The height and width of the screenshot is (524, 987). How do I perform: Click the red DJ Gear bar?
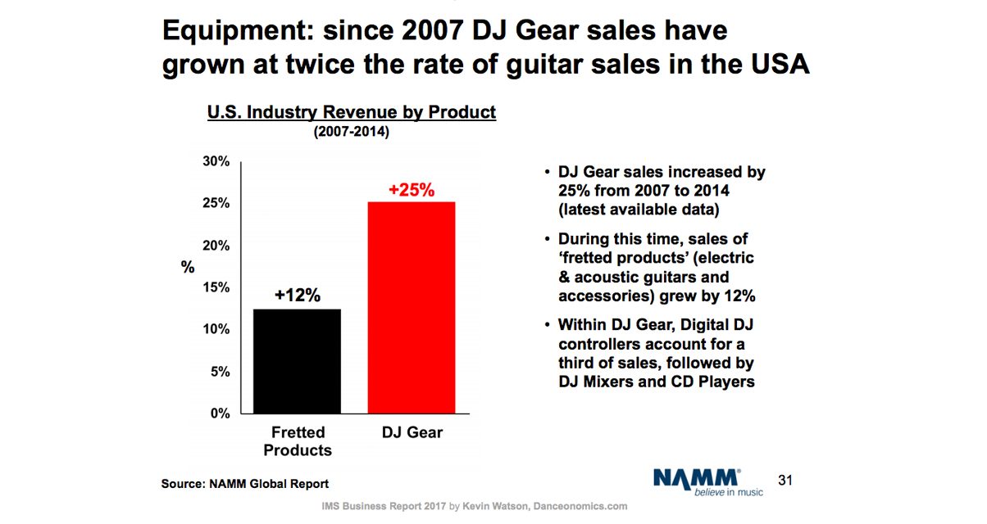(x=412, y=307)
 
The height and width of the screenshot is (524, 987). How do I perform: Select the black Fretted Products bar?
(x=298, y=360)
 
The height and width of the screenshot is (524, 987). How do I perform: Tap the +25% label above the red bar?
(x=412, y=190)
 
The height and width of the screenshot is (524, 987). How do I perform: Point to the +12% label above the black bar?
(x=298, y=296)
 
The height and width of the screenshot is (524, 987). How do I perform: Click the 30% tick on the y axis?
(x=216, y=162)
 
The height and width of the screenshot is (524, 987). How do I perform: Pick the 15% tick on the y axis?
(x=216, y=288)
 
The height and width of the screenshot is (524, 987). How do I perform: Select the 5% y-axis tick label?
(x=221, y=372)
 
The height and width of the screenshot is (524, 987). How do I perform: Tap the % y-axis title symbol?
(x=188, y=267)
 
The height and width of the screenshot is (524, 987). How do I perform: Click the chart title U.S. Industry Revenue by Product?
(x=351, y=112)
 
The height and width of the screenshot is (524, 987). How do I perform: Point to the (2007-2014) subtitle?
(x=351, y=132)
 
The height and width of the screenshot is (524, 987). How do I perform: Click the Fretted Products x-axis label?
(x=298, y=441)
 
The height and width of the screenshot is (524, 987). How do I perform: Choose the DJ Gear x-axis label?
(x=412, y=432)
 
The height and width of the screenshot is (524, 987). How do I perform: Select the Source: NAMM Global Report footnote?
(x=245, y=484)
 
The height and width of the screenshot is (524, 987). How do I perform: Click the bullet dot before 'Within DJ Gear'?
(x=548, y=325)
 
